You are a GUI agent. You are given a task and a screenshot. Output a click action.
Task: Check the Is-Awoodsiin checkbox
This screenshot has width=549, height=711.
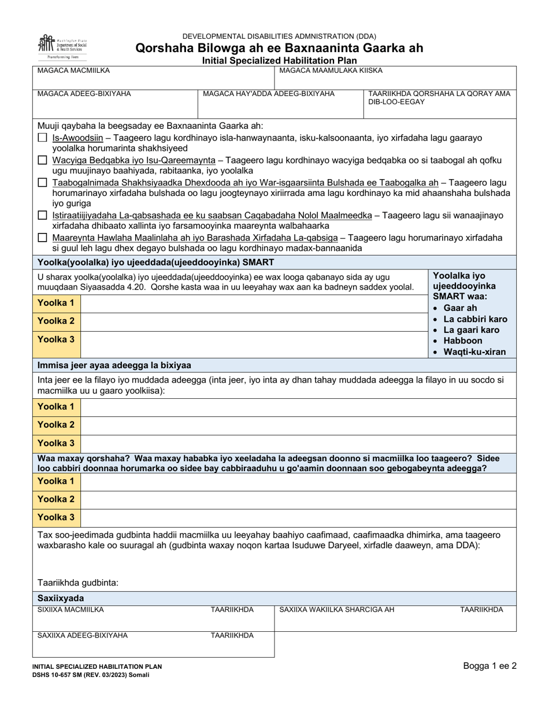click(x=42, y=138)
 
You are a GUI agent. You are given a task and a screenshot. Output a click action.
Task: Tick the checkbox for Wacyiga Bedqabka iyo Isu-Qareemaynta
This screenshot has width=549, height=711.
click(x=42, y=160)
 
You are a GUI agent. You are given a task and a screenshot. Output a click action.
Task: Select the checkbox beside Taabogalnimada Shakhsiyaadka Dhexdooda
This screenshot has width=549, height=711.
click(x=42, y=182)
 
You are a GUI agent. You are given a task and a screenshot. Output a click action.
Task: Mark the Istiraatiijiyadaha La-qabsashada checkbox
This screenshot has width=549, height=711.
click(x=42, y=215)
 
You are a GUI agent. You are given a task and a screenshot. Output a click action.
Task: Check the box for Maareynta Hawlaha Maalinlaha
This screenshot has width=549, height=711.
click(x=42, y=237)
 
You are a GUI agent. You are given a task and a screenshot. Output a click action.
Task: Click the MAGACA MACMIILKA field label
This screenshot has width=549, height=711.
click(x=73, y=71)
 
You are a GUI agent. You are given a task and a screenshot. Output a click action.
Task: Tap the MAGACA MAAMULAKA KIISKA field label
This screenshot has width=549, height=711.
click(x=331, y=71)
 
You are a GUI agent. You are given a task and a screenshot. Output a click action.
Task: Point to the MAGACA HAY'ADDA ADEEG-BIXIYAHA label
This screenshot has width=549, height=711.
click(x=269, y=93)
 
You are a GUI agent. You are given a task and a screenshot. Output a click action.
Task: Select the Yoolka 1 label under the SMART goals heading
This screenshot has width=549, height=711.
click(x=56, y=303)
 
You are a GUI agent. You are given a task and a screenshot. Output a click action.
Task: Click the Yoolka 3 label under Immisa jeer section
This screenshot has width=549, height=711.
click(x=56, y=443)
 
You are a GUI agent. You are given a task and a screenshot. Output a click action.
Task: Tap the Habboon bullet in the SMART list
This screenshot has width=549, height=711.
click(x=462, y=340)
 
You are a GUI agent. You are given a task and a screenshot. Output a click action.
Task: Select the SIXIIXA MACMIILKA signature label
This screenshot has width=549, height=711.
click(x=71, y=609)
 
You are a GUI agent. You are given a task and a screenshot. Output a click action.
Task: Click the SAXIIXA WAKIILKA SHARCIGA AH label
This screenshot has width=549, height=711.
click(x=336, y=609)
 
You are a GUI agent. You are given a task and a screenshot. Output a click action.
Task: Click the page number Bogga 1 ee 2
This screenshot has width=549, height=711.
click(x=489, y=666)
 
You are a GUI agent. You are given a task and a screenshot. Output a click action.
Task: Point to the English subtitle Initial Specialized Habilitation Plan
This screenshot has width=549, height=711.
click(x=279, y=60)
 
